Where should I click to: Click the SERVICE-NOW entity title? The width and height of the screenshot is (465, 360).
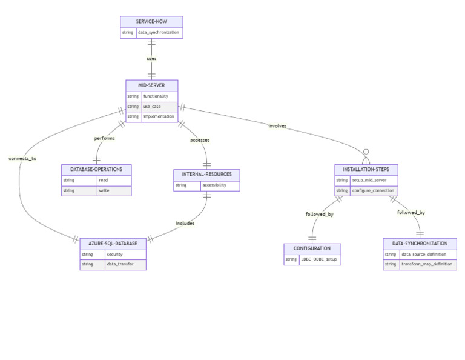tap(151, 21)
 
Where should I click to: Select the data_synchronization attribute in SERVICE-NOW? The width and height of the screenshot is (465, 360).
tap(159, 32)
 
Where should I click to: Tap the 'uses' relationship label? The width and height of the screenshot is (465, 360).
tap(151, 59)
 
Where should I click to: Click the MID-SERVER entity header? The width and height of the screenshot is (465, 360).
tap(151, 85)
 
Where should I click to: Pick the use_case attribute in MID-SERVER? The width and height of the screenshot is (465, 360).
tap(152, 106)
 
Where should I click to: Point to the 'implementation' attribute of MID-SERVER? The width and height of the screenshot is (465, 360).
tap(159, 116)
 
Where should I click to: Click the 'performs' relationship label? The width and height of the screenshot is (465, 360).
tap(104, 138)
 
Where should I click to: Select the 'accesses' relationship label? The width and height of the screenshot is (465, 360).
tap(200, 139)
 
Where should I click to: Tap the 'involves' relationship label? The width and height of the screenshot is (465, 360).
tap(277, 126)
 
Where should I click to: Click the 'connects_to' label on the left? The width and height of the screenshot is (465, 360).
tap(22, 158)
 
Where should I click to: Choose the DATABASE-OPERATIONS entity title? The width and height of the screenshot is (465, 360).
tap(96, 169)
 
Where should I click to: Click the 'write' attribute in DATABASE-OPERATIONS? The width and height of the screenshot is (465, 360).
tap(104, 191)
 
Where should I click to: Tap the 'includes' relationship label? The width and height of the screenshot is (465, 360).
tap(185, 223)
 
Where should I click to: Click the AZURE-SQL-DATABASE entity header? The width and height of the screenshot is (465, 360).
tap(113, 243)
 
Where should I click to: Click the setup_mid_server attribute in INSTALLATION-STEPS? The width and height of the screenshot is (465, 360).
tap(369, 180)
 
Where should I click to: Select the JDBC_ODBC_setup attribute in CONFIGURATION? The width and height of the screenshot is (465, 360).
tap(319, 259)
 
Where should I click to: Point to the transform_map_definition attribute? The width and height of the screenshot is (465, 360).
tap(427, 265)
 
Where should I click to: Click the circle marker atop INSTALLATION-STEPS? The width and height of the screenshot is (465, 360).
tap(366, 152)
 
